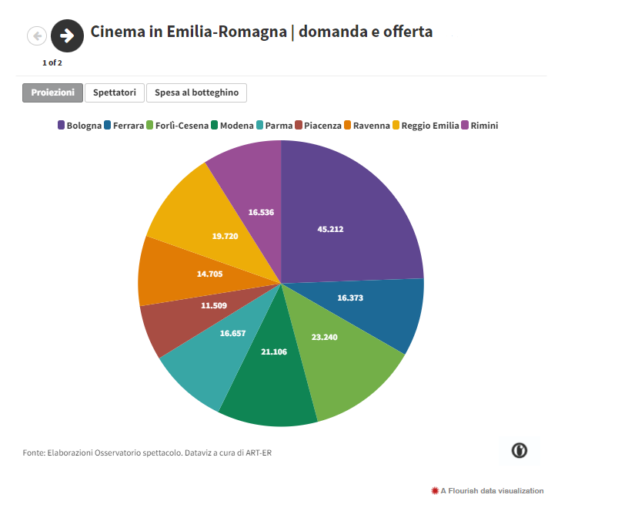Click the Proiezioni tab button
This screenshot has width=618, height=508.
52,93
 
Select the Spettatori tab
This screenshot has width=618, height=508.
115,93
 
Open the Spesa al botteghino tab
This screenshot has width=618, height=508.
196,93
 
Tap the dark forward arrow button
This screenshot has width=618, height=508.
67,35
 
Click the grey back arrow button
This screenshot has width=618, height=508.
37,35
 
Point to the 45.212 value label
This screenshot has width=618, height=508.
330,229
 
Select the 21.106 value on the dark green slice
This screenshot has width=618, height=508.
275,352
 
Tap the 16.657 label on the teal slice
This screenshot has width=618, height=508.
233,334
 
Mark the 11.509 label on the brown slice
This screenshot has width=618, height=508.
215,306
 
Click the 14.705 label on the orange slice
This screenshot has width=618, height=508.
210,274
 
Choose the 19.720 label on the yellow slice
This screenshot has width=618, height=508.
225,236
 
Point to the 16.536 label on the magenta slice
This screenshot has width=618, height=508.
261,211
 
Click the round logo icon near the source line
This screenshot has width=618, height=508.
519,450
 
